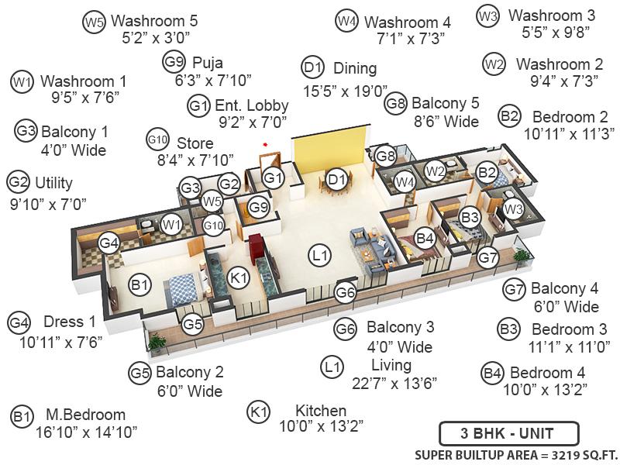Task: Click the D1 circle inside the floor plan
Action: click(336, 181)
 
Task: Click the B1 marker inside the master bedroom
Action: click(139, 286)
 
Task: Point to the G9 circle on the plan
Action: click(259, 208)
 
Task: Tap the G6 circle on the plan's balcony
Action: click(346, 292)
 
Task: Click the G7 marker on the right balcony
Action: click(487, 257)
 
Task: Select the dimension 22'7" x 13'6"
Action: click(394, 383)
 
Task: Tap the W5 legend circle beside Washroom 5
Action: click(94, 22)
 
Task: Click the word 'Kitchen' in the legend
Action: click(321, 410)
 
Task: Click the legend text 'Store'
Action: click(195, 143)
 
